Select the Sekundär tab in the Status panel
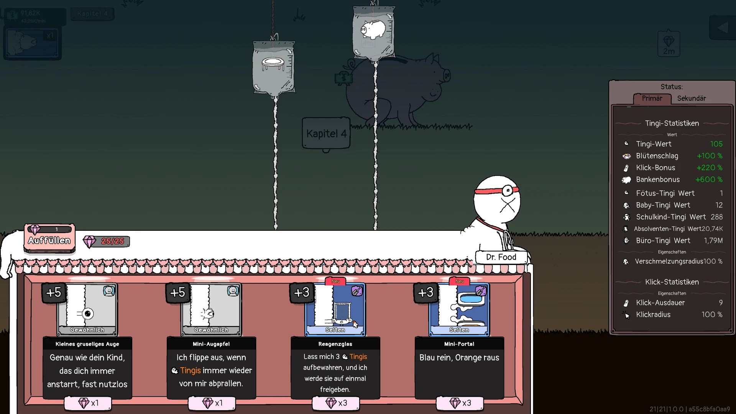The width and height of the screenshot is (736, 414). [x=691, y=99]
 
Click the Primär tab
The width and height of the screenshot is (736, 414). [x=652, y=99]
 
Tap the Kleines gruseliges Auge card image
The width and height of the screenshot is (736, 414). [x=87, y=310]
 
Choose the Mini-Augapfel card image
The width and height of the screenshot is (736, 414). [x=211, y=310]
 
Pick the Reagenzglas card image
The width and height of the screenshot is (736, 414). [x=335, y=310]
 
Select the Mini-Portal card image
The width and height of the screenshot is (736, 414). [x=459, y=310]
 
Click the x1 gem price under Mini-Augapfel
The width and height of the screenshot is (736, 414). [x=212, y=403]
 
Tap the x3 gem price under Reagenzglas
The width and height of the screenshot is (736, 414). [x=336, y=403]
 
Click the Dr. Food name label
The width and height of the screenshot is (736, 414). [x=501, y=257]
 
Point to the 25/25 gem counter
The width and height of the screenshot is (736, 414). [x=107, y=242]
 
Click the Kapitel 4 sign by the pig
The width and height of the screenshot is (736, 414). [x=326, y=133]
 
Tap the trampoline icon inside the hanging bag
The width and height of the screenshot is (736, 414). [x=273, y=63]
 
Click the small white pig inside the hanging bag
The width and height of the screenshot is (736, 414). [x=373, y=29]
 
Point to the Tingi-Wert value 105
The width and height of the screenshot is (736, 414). [x=716, y=144]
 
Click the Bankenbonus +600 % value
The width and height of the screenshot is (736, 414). [x=709, y=180]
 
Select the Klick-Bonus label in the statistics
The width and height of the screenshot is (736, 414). [x=655, y=168]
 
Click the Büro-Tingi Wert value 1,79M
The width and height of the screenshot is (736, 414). [x=713, y=241]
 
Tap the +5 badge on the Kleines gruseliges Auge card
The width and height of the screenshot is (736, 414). [x=54, y=292]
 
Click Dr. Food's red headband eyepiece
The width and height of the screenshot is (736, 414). [x=507, y=190]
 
